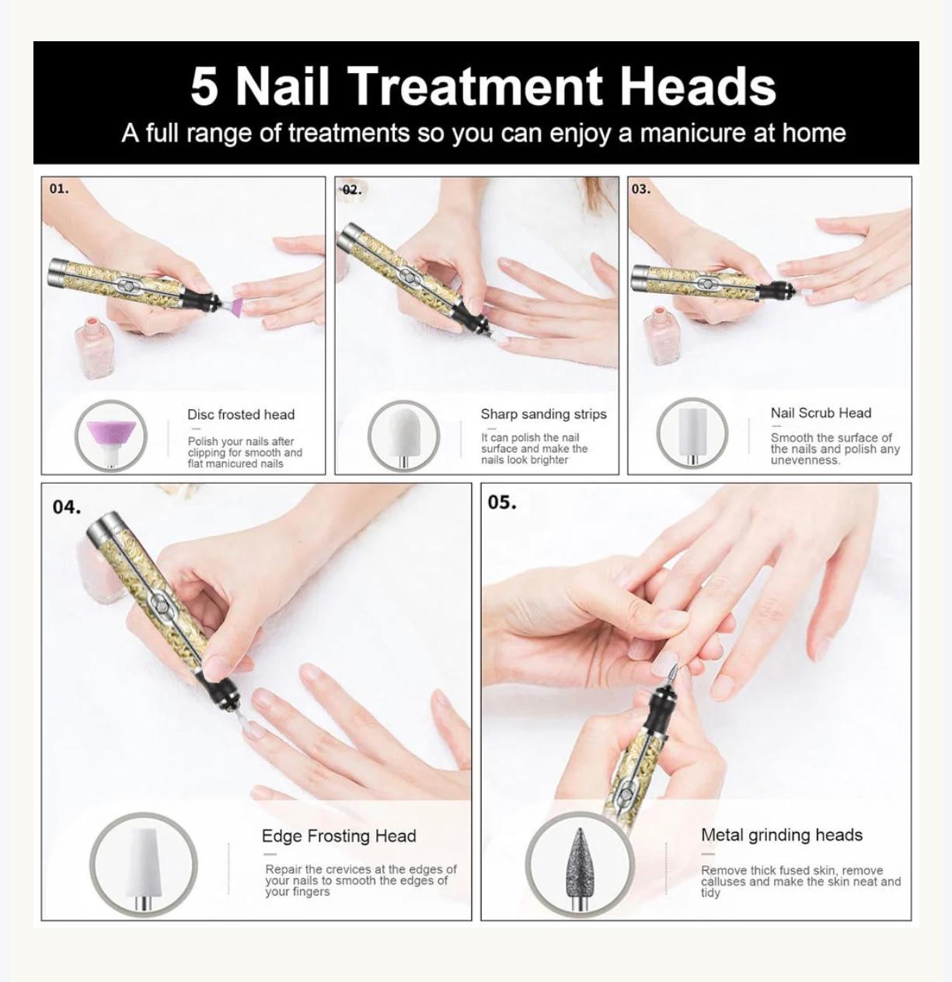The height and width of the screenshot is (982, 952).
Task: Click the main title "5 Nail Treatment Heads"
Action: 483,86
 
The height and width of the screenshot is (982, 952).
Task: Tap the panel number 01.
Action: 58,189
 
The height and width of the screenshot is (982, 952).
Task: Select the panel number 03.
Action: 640,189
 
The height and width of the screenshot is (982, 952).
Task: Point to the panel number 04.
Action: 66,507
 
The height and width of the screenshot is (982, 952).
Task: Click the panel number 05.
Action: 502,502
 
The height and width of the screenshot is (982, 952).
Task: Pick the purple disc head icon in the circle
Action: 110,435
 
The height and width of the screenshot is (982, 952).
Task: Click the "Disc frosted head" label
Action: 241,414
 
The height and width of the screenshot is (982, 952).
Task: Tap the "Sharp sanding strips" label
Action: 543,414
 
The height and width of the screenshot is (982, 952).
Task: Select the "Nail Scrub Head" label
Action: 821,413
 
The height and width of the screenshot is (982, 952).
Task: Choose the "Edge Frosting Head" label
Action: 339,836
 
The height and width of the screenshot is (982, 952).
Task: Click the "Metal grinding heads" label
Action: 781,835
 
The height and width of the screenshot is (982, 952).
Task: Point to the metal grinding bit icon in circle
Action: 579,865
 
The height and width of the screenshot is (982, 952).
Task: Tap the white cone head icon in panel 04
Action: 143,863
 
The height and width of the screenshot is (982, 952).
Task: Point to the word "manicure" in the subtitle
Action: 682,133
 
